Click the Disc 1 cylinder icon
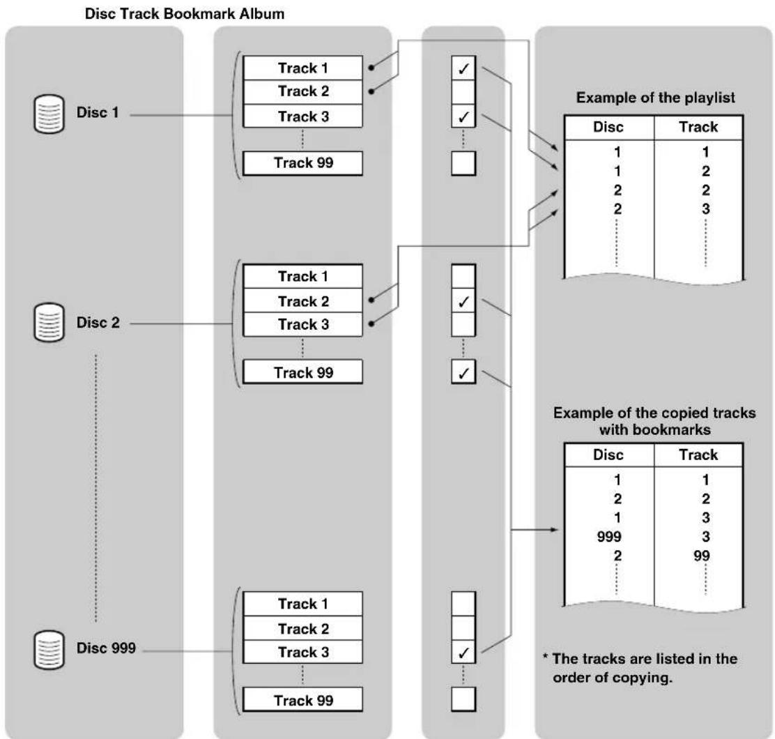click(x=49, y=114)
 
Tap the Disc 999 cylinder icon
click(x=49, y=650)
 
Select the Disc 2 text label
click(x=98, y=322)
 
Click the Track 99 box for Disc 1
click(x=303, y=163)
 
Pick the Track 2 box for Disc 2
click(x=303, y=300)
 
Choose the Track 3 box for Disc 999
click(x=303, y=652)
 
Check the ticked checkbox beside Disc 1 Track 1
click(x=463, y=68)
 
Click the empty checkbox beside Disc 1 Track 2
click(x=463, y=92)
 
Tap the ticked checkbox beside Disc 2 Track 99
click(x=463, y=372)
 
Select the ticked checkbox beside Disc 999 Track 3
click(x=463, y=652)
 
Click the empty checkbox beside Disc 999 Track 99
click(x=463, y=699)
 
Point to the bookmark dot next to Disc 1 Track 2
click(x=371, y=91)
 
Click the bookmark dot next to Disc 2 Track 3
click(x=371, y=323)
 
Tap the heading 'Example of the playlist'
click(x=655, y=98)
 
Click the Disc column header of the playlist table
click(x=608, y=127)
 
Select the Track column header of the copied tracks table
click(x=698, y=455)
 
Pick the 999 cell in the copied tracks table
click(x=609, y=537)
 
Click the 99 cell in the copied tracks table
click(x=701, y=556)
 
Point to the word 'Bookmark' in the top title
click(x=199, y=13)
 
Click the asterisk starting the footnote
click(x=546, y=657)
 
